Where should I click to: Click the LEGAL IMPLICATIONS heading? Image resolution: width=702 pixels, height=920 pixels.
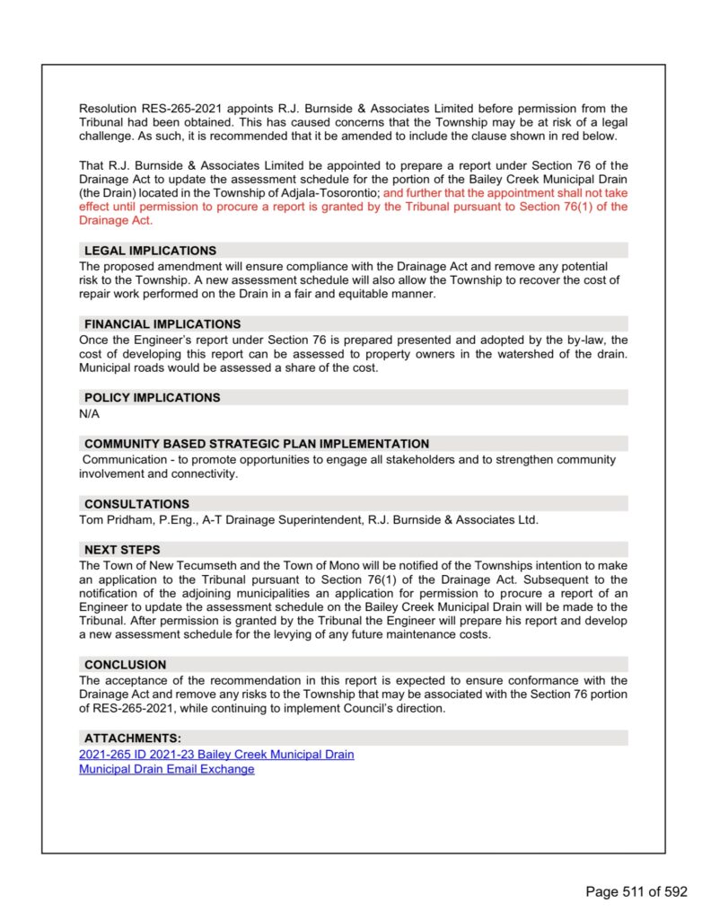(x=150, y=251)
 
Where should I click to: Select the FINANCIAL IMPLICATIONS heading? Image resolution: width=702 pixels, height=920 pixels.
(x=162, y=323)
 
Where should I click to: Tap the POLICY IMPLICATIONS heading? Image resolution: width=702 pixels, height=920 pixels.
(x=152, y=397)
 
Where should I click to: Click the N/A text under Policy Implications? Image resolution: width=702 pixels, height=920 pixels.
(x=90, y=413)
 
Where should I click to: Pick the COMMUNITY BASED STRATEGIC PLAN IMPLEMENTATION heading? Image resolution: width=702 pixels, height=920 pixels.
(x=257, y=444)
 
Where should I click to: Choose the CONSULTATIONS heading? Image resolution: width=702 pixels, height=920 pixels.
(x=136, y=504)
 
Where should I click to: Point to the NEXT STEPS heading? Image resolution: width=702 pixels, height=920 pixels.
(x=122, y=550)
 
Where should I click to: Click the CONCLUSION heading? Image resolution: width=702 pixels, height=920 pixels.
(x=125, y=665)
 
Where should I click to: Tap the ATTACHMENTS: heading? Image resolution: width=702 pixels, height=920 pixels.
(x=132, y=739)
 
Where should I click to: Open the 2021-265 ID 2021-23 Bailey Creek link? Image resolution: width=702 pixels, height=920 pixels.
(x=216, y=754)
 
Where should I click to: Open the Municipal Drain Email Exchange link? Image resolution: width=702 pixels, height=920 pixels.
(x=166, y=769)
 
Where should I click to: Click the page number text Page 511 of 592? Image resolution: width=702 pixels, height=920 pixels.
(x=636, y=891)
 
